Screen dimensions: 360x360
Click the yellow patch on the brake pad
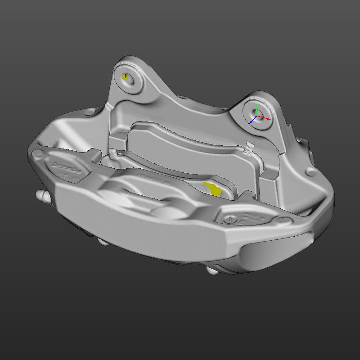coord(213,189)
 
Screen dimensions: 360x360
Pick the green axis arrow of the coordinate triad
coord(256,108)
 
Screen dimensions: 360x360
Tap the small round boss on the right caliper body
coord(308,172)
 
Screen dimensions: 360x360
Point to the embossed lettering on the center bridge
coord(152,178)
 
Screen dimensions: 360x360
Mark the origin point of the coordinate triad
coord(256,117)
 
